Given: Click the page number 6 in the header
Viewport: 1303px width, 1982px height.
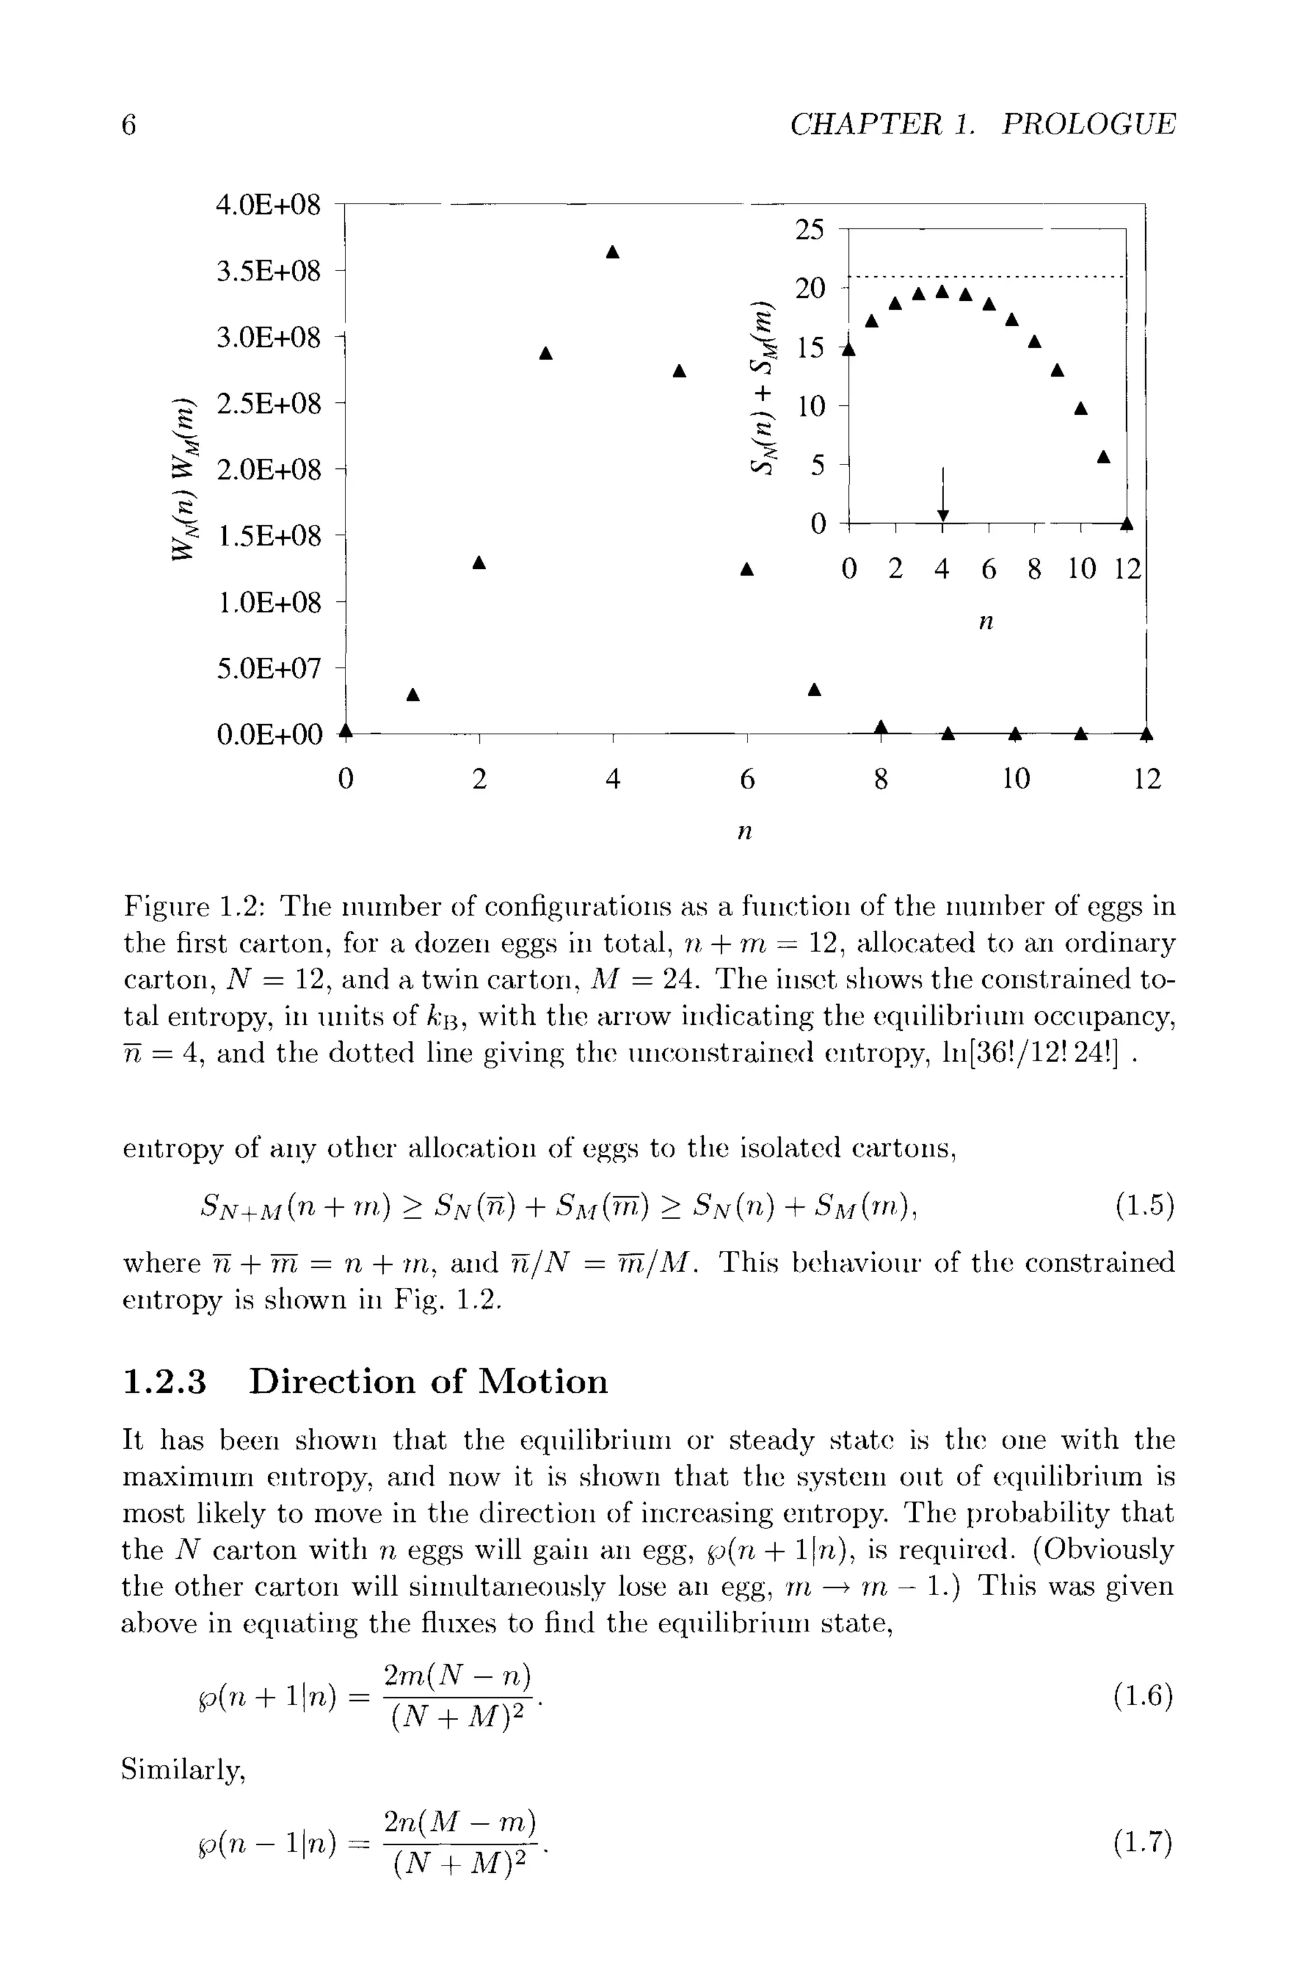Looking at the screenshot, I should (x=129, y=125).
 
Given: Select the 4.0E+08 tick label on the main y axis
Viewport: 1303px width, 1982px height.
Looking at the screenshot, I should (x=268, y=205).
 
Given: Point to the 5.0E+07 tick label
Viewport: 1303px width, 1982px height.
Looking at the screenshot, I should (x=268, y=668).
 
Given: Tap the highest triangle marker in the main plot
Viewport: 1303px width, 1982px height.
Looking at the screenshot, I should (x=613, y=251).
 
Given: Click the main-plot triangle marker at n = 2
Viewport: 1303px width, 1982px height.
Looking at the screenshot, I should (x=478, y=563).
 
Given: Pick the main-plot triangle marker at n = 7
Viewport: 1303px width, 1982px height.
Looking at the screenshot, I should (x=814, y=690).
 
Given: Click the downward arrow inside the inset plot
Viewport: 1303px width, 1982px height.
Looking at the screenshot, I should (x=942, y=496).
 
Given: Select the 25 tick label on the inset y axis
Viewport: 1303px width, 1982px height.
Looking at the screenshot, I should (x=809, y=230).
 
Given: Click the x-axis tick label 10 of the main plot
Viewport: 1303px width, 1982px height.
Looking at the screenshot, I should (x=1015, y=779).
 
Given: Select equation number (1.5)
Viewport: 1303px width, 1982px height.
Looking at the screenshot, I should (x=1145, y=1205).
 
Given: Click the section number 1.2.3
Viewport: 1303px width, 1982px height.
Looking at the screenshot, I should (x=164, y=1381).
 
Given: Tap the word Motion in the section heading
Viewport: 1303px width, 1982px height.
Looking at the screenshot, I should (x=544, y=1381).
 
